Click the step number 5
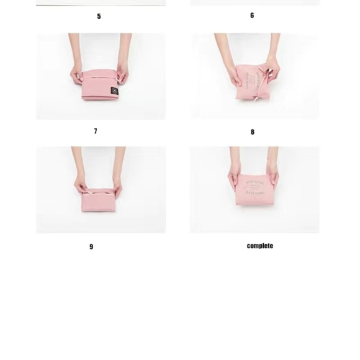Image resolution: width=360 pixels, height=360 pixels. pos(99,16)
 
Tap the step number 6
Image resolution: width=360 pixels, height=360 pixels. pos(252,16)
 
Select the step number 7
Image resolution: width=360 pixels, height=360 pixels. pos(96,131)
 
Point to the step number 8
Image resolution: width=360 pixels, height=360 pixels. pos(253,132)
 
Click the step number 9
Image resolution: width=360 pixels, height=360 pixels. pos(91,246)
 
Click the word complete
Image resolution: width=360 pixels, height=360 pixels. pos(259,246)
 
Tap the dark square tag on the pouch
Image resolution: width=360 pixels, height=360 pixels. pos(114,91)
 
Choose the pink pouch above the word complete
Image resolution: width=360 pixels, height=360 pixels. pos(254,189)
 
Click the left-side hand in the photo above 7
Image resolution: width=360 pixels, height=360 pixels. pos(78,74)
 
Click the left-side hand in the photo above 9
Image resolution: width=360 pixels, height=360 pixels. pos(81,185)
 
